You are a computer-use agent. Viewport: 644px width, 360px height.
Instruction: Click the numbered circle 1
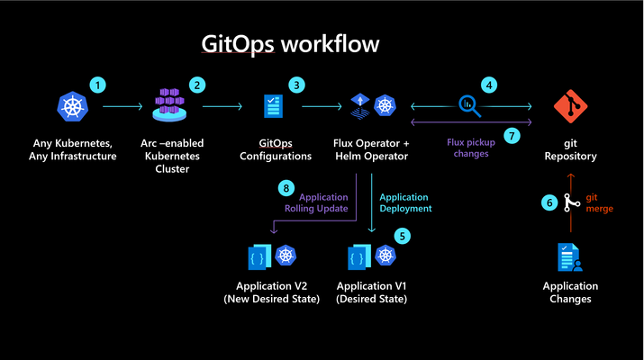pyautogui.click(x=97, y=85)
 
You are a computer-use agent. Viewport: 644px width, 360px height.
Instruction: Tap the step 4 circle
pyautogui.click(x=489, y=85)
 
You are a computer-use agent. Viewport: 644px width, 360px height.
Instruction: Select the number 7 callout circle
pyautogui.click(x=512, y=136)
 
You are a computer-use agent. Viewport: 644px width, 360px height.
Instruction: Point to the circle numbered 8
pyautogui.click(x=286, y=188)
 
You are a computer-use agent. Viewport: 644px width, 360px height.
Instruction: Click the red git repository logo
pyautogui.click(x=570, y=106)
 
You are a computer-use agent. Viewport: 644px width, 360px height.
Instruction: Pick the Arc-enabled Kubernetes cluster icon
pyautogui.click(x=169, y=104)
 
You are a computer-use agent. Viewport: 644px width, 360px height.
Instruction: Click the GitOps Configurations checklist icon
pyautogui.click(x=273, y=106)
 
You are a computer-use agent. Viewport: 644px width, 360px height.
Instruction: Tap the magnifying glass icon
pyautogui.click(x=469, y=106)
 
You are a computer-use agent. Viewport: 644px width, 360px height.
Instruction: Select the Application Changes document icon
pyautogui.click(x=569, y=257)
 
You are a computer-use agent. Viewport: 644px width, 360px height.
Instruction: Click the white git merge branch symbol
pyautogui.click(x=571, y=202)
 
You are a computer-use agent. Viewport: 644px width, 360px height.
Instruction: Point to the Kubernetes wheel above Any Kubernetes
pyautogui.click(x=73, y=106)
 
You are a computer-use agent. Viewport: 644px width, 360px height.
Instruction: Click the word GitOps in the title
pyautogui.click(x=238, y=44)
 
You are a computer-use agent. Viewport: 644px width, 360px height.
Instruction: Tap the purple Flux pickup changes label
pyautogui.click(x=471, y=148)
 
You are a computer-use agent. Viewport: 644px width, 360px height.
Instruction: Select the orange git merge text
pyautogui.click(x=599, y=202)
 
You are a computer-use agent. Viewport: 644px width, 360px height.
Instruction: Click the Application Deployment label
pyautogui.click(x=405, y=202)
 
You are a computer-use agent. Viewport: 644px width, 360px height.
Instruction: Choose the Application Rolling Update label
pyautogui.click(x=316, y=202)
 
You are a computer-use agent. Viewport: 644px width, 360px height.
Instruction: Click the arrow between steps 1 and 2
pyautogui.click(x=122, y=106)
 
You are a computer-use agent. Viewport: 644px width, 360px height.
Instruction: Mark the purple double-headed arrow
pyautogui.click(x=471, y=121)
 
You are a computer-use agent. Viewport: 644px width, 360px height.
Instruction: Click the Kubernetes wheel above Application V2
pyautogui.click(x=286, y=256)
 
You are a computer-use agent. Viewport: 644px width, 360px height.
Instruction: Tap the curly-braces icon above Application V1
pyautogui.click(x=358, y=257)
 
